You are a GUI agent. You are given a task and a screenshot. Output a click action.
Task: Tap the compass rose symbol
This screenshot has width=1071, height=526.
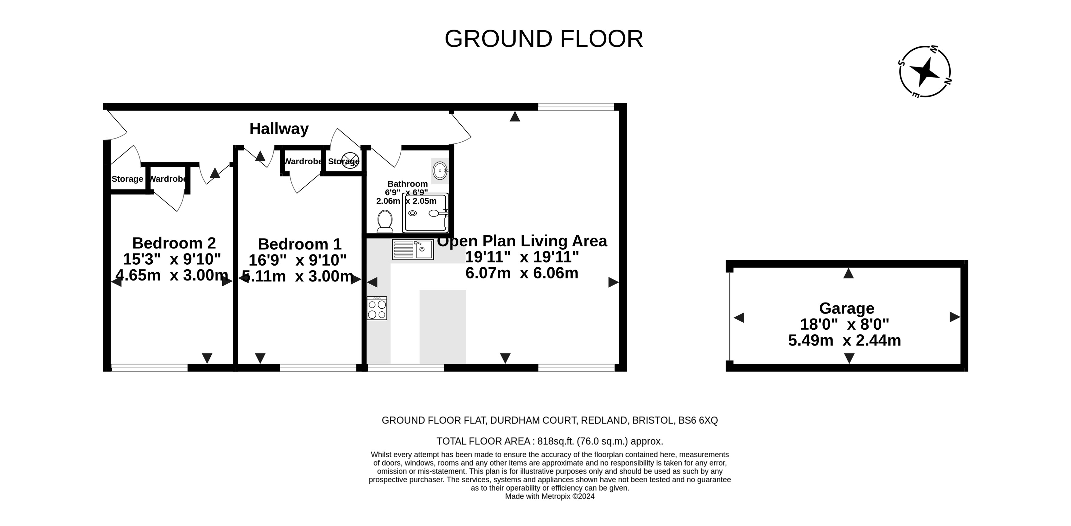coord(925,72)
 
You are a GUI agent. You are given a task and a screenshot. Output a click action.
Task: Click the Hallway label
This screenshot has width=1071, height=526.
coord(279,129)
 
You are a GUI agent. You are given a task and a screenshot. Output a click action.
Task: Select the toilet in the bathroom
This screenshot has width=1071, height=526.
coord(385,221)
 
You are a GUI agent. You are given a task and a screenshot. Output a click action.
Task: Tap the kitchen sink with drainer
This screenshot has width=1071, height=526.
coord(413,250)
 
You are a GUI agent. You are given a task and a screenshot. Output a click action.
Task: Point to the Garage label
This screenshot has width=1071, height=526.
coord(847,308)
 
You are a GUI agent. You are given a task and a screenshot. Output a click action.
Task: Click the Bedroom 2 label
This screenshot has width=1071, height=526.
coord(174,243)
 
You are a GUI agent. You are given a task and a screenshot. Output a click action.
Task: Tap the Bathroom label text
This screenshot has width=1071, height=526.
coord(407,184)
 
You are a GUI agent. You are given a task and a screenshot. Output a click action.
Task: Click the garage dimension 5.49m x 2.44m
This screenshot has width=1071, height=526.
coord(844,341)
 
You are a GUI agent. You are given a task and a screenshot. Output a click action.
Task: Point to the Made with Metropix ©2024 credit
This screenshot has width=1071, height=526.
coord(550,496)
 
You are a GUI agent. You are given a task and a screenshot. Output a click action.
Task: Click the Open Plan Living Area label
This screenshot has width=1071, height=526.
coord(522,241)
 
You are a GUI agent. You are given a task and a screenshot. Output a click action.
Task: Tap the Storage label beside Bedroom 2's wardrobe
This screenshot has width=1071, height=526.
coord(127,179)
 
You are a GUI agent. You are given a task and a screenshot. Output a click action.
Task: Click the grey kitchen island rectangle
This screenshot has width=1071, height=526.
coord(443,327)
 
